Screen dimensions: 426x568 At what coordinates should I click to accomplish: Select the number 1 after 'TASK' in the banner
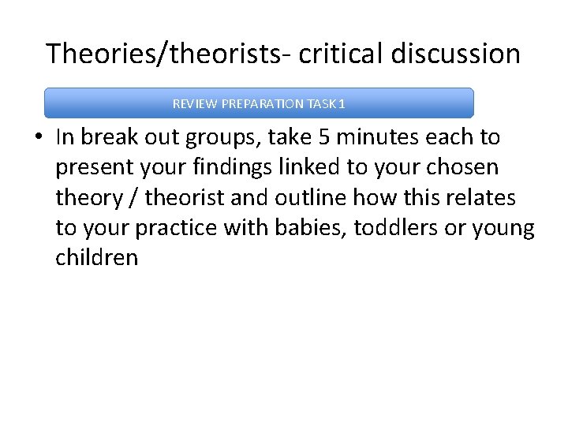(x=342, y=104)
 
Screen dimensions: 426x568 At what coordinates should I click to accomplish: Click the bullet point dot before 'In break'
(x=38, y=138)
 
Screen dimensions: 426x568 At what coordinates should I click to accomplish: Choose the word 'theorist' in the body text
(x=183, y=197)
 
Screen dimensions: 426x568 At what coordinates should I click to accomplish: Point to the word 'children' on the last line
(x=96, y=258)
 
